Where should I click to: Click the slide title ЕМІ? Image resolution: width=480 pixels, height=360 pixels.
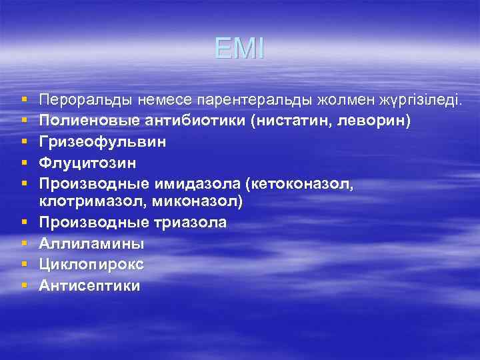click(x=239, y=49)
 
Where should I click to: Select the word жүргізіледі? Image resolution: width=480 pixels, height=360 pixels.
click(x=419, y=101)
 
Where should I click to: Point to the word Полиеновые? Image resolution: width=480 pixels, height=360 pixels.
click(x=85, y=121)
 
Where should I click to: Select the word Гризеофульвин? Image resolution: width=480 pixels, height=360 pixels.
click(x=103, y=142)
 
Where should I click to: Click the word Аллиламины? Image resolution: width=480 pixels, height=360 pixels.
click(x=91, y=243)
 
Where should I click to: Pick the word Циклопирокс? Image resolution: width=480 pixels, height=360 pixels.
click(x=91, y=265)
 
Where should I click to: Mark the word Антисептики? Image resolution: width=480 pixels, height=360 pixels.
click(x=89, y=286)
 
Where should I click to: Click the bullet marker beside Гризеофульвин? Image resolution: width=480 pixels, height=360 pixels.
click(x=23, y=142)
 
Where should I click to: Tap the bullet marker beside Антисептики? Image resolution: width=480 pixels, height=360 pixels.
click(x=23, y=286)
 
